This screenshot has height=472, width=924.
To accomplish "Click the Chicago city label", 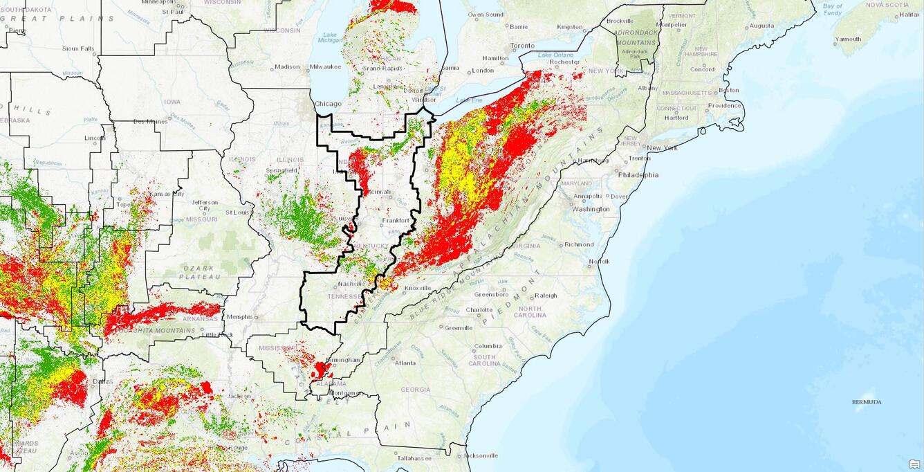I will point(328,104).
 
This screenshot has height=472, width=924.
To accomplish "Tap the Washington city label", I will point(591,209).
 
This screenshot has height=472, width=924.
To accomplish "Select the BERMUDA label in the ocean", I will point(867,401).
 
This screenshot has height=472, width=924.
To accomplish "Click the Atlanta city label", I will point(405,363).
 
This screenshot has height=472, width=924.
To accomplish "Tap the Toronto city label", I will point(522,46).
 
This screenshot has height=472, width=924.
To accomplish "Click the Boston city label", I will point(728,90).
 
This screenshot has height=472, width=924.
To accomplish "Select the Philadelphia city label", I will point(638,175).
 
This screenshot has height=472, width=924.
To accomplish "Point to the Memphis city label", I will point(239,317).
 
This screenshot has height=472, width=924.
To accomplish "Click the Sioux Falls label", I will point(77,48).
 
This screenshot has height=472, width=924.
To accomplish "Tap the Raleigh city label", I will point(546,296).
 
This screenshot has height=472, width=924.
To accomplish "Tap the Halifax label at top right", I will point(909,14).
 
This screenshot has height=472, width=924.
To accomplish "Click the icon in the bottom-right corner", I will point(914,464).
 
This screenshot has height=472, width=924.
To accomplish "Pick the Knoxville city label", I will point(418,288).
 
